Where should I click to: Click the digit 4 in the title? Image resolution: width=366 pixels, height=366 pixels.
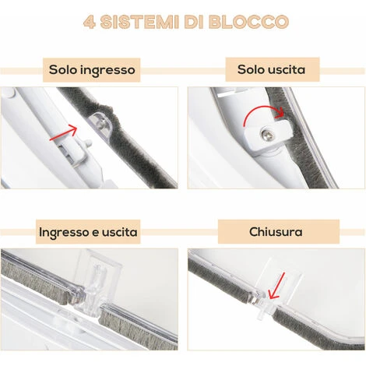point(90,22)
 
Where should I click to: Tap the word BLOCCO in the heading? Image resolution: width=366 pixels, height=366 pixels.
point(248,22)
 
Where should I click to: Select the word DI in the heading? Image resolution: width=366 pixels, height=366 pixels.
point(194,22)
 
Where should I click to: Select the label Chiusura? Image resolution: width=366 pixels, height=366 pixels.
point(276,231)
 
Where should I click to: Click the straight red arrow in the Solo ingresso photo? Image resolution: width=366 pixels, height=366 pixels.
point(64,132)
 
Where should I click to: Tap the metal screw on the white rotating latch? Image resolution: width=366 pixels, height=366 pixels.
point(266,134)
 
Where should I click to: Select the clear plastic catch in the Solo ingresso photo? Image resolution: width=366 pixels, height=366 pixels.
point(101,125)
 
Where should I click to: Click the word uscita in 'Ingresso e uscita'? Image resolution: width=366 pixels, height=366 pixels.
point(120,232)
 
